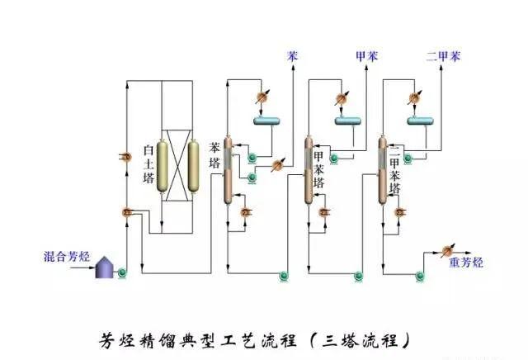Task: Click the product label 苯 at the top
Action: coord(292,58)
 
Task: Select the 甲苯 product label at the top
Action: coord(364,58)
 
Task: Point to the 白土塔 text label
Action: coord(148,163)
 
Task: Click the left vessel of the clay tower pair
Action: coord(163,166)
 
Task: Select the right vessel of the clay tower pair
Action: coord(194,166)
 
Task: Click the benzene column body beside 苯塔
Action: coord(229,171)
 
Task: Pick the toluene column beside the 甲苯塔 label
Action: coord(309,171)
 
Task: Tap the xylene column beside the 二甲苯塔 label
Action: coord(382,171)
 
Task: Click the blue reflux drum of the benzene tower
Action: coord(268,122)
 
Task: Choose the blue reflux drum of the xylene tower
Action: coord(422,122)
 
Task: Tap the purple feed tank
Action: coord(105,268)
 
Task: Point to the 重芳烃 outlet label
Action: coord(465,263)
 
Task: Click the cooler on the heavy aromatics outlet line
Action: coord(449,249)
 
